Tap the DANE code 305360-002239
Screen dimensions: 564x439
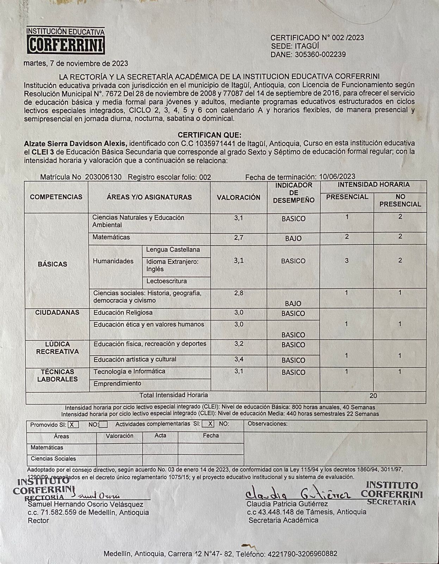coord(320,55)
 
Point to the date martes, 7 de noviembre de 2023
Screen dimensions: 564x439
coord(76,64)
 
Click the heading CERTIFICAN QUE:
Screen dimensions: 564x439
coord(209,135)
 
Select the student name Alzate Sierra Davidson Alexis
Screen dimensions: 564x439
coord(75,143)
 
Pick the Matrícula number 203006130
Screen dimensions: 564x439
coord(103,177)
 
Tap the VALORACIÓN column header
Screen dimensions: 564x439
coord(239,198)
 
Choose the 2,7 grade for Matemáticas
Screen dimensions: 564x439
coord(239,238)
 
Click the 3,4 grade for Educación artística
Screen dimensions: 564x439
coord(239,360)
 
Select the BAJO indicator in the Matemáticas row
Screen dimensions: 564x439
coord(293,239)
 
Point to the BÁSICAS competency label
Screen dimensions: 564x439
coord(52,264)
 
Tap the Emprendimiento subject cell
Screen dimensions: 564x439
coord(117,384)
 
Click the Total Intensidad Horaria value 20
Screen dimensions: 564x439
coord(373,396)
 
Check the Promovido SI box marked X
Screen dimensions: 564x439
coord(73,425)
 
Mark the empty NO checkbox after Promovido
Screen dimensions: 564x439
coord(103,425)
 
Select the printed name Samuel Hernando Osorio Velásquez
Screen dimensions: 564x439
coord(86,505)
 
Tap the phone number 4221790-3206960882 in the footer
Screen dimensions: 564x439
coord(302,554)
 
